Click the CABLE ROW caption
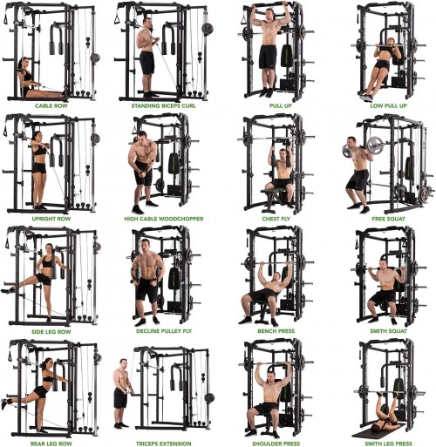tap(51, 106)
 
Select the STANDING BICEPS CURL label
tap(161, 106)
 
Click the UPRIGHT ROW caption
tap(51, 219)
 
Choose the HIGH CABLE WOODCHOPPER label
tap(161, 219)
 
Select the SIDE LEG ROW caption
tap(51, 331)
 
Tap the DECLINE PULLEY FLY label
tap(161, 331)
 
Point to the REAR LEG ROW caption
tap(51, 441)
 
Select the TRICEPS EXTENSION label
tap(161, 441)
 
